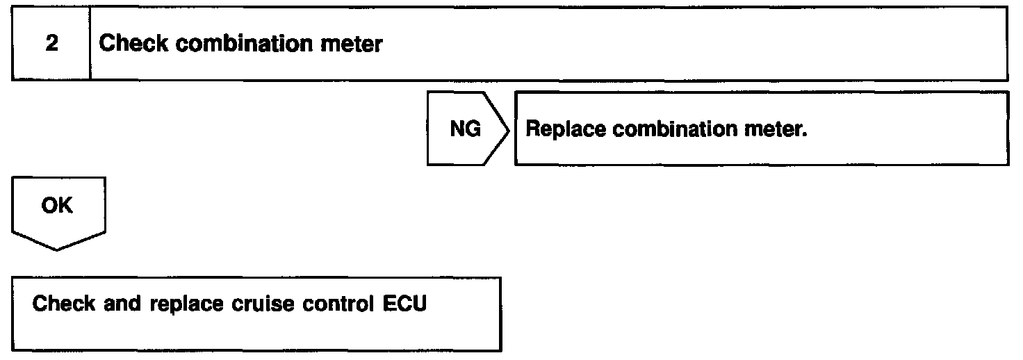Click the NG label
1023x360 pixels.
coord(465,130)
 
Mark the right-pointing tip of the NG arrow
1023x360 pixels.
coord(509,130)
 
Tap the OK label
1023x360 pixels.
coord(57,206)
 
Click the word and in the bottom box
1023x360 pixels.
coord(122,304)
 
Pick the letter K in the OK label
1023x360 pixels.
coord(65,206)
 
